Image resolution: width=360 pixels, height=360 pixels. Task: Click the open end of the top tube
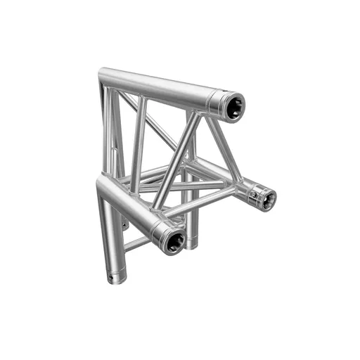[231, 107]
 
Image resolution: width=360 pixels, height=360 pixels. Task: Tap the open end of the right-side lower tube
[265, 198]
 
